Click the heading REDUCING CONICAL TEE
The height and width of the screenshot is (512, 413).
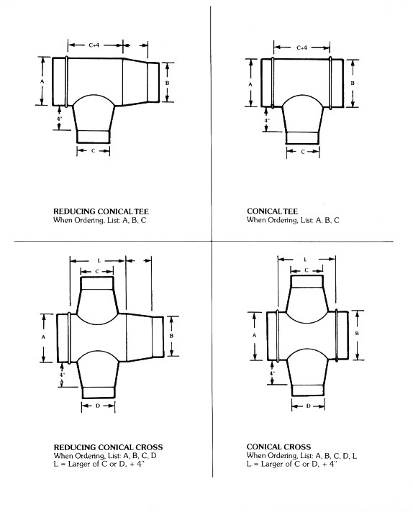pyautogui.click(x=101, y=211)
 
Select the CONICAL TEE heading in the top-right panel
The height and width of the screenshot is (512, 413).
pyautogui.click(x=272, y=211)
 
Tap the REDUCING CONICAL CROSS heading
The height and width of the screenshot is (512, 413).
pyautogui.click(x=108, y=447)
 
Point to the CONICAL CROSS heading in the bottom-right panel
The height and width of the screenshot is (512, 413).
pyautogui.click(x=278, y=447)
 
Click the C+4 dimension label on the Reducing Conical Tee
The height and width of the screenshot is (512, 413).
pyautogui.click(x=94, y=45)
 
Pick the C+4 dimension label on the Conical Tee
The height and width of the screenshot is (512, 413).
pyautogui.click(x=301, y=47)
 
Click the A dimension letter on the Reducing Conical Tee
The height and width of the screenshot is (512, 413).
pyautogui.click(x=42, y=81)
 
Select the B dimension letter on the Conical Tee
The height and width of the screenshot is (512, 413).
pyautogui.click(x=353, y=83)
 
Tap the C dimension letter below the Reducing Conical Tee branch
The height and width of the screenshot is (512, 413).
pyautogui.click(x=93, y=151)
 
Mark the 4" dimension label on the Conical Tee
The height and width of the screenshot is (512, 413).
pyautogui.click(x=267, y=121)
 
